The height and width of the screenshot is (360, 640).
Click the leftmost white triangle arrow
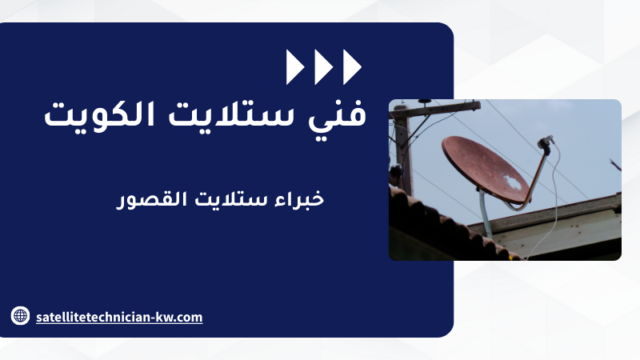tap(294, 67)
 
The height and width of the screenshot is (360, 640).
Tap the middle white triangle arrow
tap(323, 67)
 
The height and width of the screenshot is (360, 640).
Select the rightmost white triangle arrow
tap(351, 67)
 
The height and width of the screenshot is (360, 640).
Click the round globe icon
tap(20, 315)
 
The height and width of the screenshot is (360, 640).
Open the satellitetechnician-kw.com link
tap(119, 317)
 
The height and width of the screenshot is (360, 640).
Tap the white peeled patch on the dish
tap(512, 182)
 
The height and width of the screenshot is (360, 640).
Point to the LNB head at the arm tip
tap(546, 142)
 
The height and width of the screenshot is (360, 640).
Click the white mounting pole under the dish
tap(485, 214)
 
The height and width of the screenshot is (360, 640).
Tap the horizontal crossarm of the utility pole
tap(435, 110)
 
